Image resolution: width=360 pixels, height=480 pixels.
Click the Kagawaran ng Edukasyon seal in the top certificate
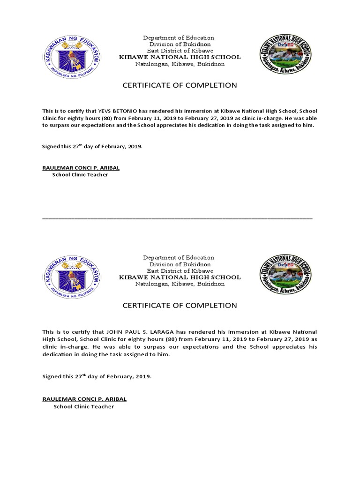click(72, 56)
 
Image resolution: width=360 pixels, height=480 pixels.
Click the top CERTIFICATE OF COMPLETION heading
click(180, 85)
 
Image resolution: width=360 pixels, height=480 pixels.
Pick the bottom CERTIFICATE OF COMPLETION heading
click(180, 306)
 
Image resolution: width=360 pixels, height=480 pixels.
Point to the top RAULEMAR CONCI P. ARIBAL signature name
click(84, 167)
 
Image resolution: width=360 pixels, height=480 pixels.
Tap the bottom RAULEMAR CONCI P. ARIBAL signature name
click(84, 399)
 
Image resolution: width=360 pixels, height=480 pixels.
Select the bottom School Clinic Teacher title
click(83, 406)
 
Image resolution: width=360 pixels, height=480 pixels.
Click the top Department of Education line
click(179, 37)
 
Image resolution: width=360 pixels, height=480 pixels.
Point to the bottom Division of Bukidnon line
click(179, 264)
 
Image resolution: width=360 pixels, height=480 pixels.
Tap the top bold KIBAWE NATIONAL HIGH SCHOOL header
click(180, 57)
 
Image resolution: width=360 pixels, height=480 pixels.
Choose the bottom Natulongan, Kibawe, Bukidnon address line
click(180, 284)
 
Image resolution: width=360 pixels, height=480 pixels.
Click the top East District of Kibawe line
click(180, 51)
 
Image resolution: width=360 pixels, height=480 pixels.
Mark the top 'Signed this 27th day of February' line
click(92, 146)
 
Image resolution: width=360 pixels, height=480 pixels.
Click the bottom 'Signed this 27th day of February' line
click(97, 376)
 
